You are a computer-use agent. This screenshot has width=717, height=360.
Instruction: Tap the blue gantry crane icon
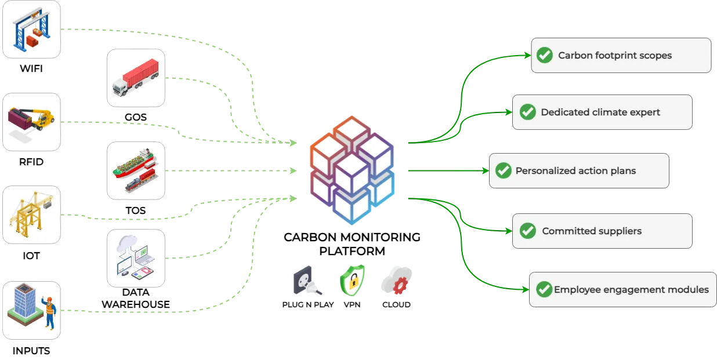pos(31,29)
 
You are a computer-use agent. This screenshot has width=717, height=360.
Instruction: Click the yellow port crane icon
pos(31,214)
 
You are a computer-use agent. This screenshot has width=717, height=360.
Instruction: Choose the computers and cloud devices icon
pos(136,257)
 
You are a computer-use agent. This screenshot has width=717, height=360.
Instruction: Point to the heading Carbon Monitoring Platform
pos(352,244)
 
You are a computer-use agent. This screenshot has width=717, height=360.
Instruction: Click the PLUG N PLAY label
pos(308,304)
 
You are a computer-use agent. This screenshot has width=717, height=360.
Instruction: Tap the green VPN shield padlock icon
pos(352,282)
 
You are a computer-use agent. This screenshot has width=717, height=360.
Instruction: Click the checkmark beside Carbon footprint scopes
pos(544,56)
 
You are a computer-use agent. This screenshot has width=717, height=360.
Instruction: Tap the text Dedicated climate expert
pos(600,112)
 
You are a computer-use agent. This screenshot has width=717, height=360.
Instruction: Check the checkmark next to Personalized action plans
pos(502,171)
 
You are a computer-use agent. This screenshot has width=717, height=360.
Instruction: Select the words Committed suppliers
pos(592,231)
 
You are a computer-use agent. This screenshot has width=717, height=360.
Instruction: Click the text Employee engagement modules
pos(631,290)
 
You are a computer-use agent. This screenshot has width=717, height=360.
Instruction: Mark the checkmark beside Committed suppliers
pos(527,231)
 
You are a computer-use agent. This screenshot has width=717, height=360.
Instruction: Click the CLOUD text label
pos(397,304)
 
